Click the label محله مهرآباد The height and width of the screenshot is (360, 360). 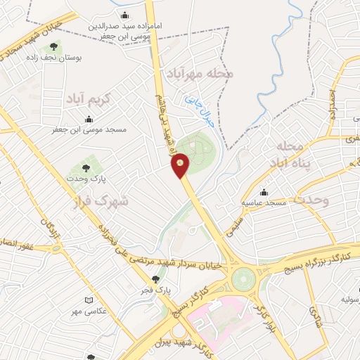tap(200, 72)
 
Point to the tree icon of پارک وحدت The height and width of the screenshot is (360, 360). tap(86, 168)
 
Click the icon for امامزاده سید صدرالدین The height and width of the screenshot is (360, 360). tap(125, 16)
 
